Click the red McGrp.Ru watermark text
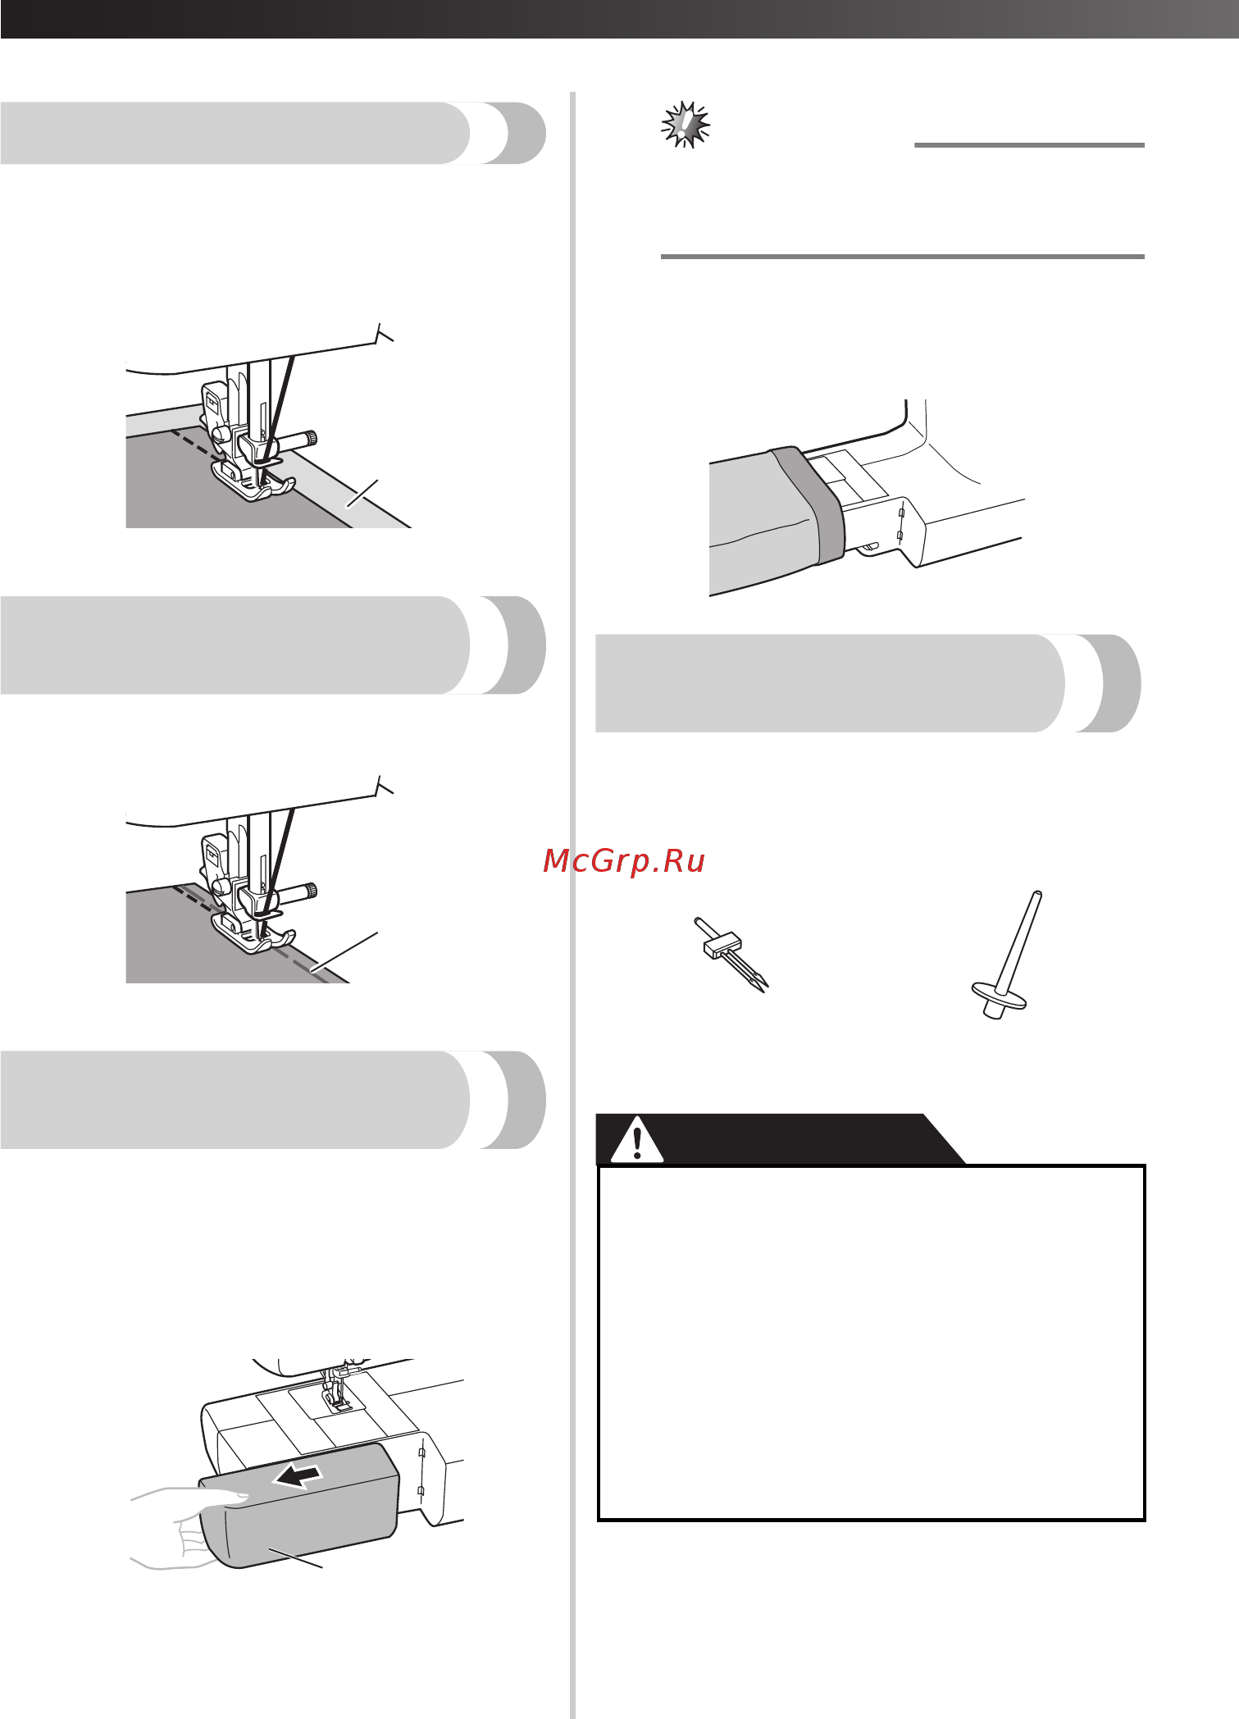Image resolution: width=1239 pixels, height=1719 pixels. pos(624,860)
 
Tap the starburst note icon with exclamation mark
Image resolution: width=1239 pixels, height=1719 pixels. pos(686,125)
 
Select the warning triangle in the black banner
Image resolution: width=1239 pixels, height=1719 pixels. pos(637,1138)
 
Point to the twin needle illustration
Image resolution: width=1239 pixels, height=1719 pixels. pos(731,955)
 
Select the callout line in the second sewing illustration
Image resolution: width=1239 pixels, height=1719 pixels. pos(344,951)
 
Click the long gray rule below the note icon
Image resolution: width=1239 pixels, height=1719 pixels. pos(902,257)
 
